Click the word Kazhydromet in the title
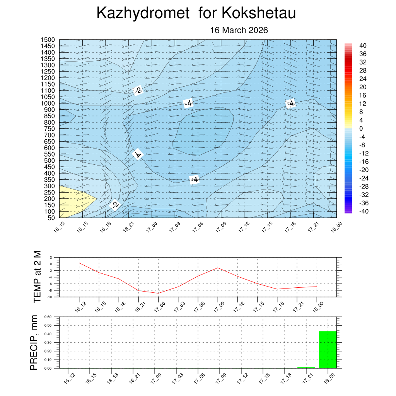[x=143, y=13]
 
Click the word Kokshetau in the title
[x=259, y=13]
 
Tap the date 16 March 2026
[x=239, y=30]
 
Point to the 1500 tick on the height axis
[x=48, y=40]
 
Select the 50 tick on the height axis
[x=51, y=218]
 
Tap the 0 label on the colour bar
[x=361, y=128]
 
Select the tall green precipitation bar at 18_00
[x=328, y=350]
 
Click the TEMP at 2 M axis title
[x=37, y=277]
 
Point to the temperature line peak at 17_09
[x=218, y=268]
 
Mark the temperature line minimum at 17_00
[x=158, y=293]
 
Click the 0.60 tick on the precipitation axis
[x=48, y=317]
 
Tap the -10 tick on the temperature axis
[x=50, y=297]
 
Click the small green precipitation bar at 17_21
[x=306, y=367]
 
